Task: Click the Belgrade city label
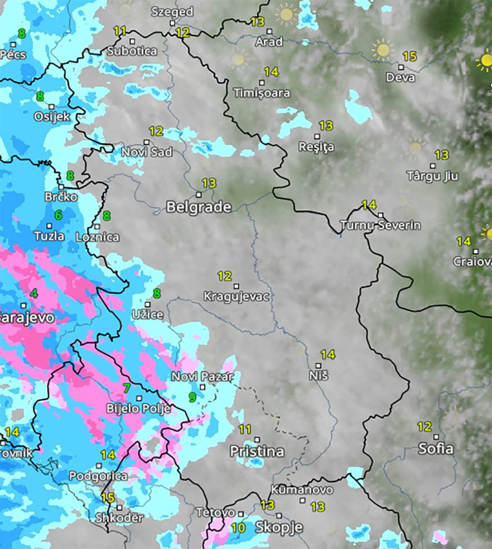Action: pos(198,207)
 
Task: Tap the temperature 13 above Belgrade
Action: pos(209,183)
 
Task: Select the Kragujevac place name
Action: pos(236,296)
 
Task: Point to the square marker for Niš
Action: pos(319,366)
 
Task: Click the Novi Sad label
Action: pos(146,151)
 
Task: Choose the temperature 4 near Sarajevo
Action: pos(34,293)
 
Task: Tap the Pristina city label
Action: pos(257,452)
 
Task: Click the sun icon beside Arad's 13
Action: pos(286,14)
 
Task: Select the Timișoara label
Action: pos(262,93)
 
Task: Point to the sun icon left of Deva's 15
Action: pos(383,50)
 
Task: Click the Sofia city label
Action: pos(435,449)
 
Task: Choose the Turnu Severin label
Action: pos(380,225)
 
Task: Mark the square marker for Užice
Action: pos(147,304)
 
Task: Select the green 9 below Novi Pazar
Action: pos(192,397)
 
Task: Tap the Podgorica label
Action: pos(98,476)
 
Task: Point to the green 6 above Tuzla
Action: pos(58,215)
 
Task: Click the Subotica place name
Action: pos(132,51)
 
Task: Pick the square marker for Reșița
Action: pos(317,136)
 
